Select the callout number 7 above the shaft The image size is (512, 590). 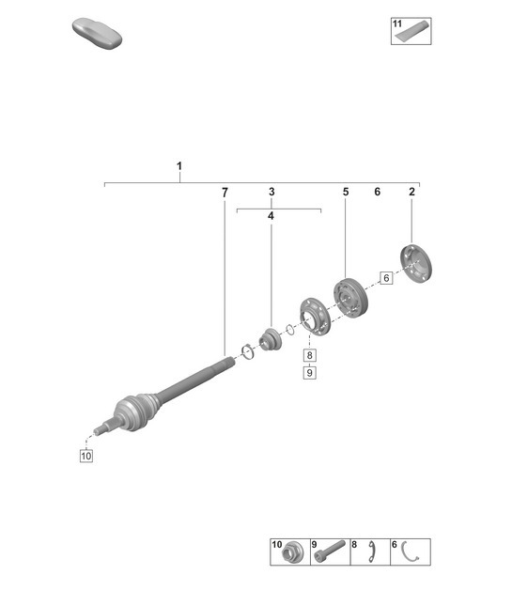pos(225,192)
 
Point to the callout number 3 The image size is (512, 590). pos(272,192)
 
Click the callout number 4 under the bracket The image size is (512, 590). pos(272,216)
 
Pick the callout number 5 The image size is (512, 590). pos(345,192)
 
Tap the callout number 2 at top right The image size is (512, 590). pos(411,192)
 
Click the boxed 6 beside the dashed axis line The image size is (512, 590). pos(385,277)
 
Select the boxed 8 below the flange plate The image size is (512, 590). pos(309,356)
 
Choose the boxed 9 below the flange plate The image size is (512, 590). pos(309,373)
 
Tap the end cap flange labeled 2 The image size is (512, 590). pos(412,263)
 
